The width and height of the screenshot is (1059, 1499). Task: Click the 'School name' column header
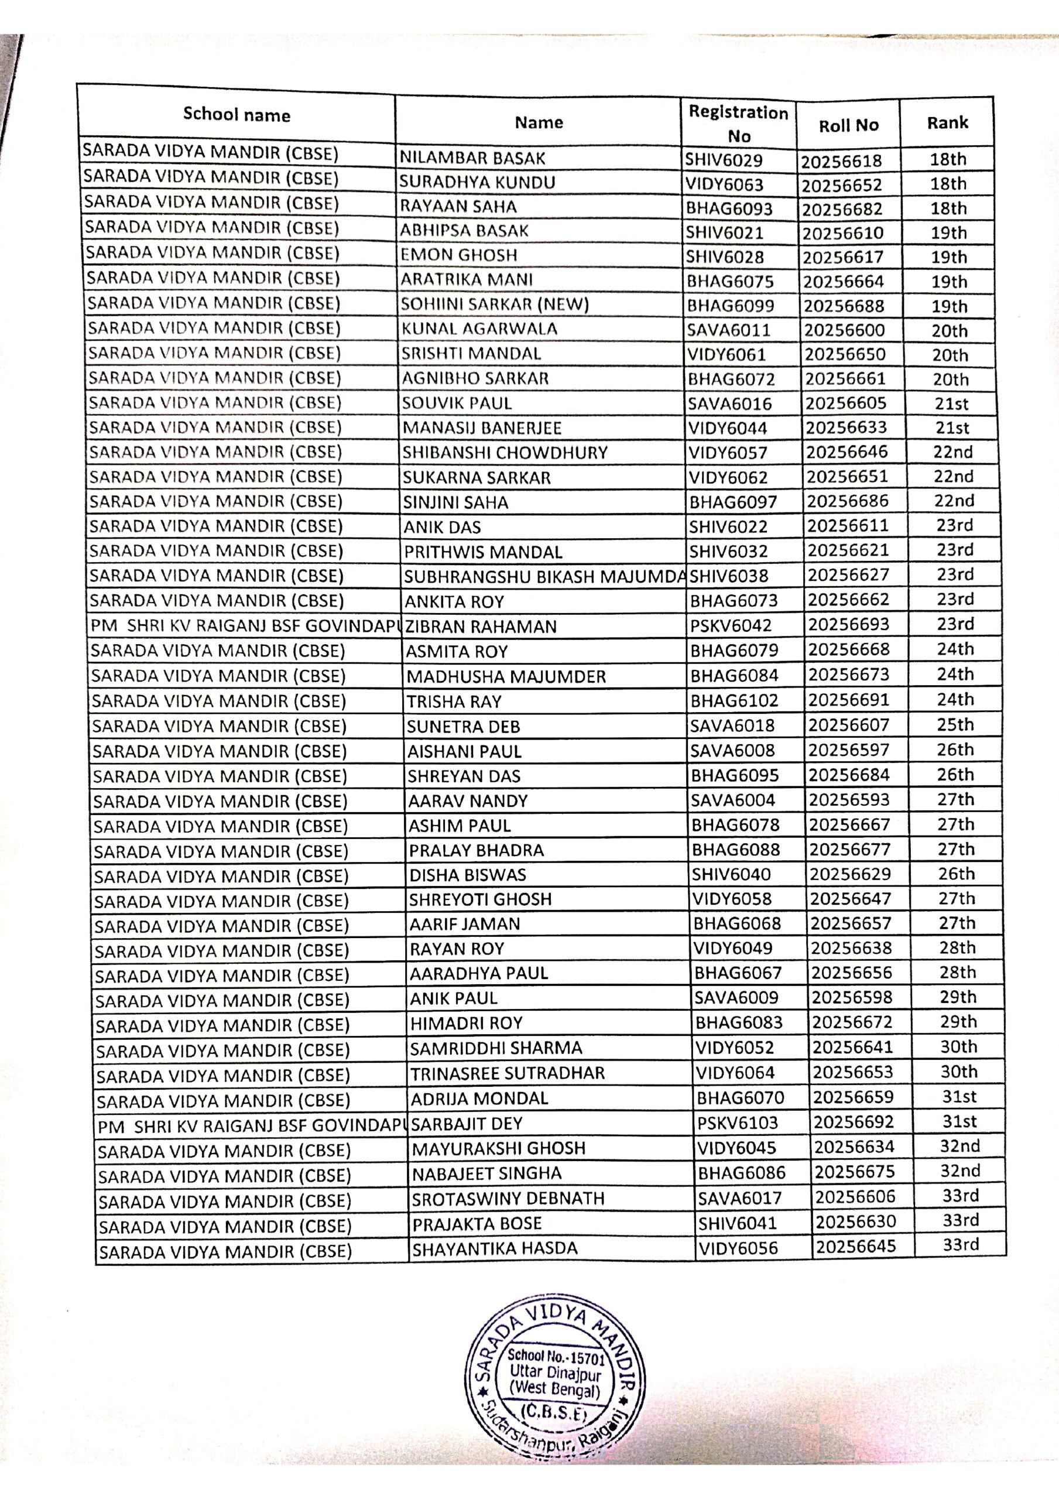(x=237, y=115)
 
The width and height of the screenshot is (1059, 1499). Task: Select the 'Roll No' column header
(x=848, y=125)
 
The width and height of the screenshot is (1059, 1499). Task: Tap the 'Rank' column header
(x=947, y=123)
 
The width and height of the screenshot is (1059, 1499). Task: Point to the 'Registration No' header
(x=738, y=124)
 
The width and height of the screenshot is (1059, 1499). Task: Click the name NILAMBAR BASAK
(x=472, y=158)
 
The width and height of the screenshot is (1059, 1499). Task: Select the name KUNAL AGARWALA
(x=479, y=329)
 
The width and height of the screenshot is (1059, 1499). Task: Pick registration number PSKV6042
(x=731, y=625)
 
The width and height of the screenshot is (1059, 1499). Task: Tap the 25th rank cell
(x=955, y=725)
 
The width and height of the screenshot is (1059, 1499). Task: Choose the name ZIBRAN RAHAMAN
(x=481, y=627)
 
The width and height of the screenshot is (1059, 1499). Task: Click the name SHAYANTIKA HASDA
(x=495, y=1248)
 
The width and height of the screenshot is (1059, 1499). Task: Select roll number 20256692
(x=854, y=1122)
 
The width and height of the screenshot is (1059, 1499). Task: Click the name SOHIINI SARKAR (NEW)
(x=495, y=305)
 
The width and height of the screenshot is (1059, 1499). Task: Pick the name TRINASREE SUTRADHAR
(x=508, y=1073)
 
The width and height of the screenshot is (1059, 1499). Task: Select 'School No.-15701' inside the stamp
(x=557, y=1358)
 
